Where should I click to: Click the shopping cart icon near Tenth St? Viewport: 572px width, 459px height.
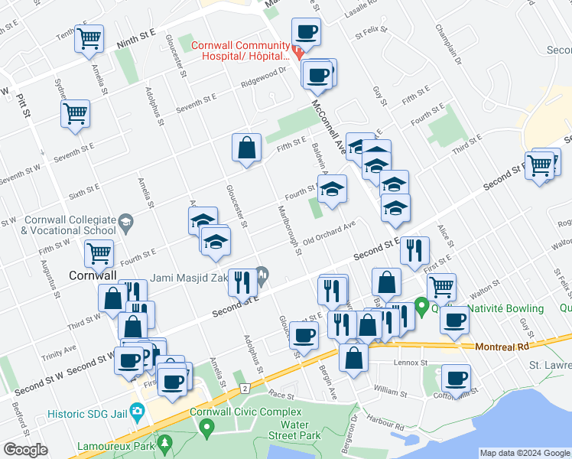coord(89,37)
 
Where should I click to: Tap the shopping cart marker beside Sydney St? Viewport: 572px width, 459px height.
coord(75,113)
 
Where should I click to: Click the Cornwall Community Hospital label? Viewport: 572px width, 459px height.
coord(239,50)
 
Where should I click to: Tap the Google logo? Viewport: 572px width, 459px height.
coord(25,450)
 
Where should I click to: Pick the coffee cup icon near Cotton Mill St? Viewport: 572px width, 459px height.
coord(456,378)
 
